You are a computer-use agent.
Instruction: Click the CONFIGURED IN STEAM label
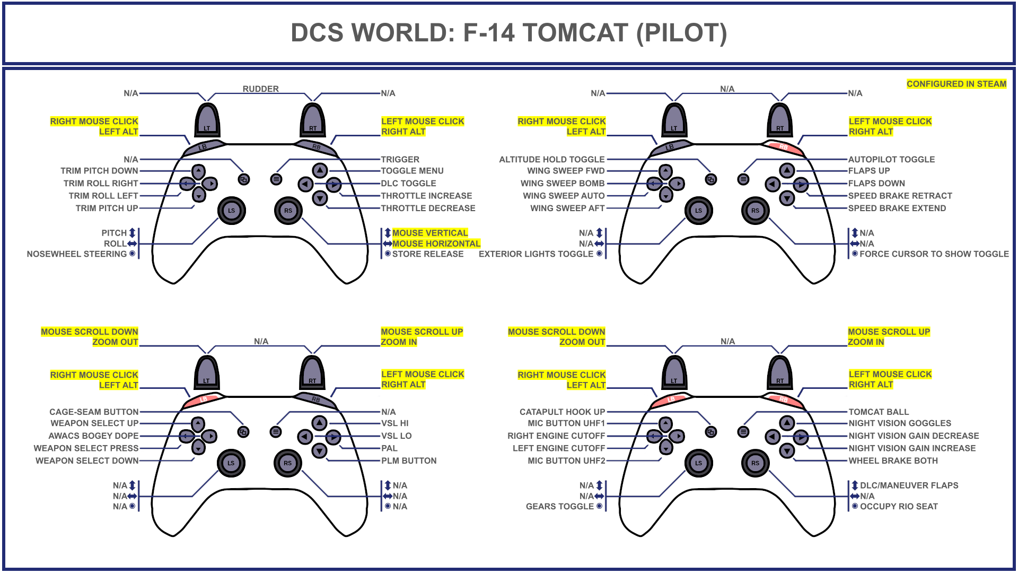coord(956,84)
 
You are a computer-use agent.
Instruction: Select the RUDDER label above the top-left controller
coord(260,89)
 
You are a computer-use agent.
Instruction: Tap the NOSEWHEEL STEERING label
coord(77,254)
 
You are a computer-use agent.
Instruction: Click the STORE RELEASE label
coord(427,254)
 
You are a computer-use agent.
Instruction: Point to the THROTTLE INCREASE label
coord(426,196)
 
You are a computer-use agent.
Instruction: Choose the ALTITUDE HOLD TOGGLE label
coord(551,159)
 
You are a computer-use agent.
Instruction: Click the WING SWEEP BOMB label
coord(562,184)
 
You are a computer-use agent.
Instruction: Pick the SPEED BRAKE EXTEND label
coord(897,209)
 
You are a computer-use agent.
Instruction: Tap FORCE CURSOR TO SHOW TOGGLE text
coord(934,254)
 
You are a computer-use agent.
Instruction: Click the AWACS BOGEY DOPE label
coord(93,436)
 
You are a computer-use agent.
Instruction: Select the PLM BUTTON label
coord(409,461)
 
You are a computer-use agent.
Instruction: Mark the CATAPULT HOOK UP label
coord(562,412)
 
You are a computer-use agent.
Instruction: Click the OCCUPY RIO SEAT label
coord(899,507)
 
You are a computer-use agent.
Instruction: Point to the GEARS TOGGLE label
coord(559,507)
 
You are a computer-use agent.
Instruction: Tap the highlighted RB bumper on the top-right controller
coord(784,147)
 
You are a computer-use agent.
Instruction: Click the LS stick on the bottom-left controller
coord(231,463)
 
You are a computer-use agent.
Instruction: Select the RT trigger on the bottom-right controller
coord(780,374)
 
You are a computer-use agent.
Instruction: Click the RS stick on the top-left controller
coord(288,211)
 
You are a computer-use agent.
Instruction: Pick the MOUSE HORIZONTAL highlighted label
coord(436,244)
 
